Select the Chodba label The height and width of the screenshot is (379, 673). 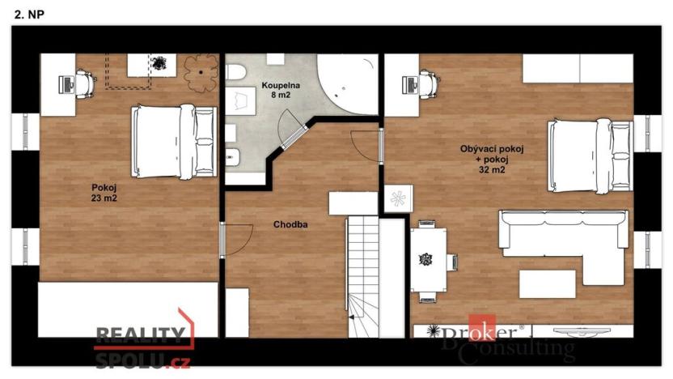(290, 224)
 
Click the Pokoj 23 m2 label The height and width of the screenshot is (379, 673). (104, 193)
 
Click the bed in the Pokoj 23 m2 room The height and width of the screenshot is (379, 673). (174, 141)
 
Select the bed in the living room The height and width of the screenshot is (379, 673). (589, 156)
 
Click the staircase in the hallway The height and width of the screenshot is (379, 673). (363, 275)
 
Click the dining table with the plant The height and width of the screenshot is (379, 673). (426, 260)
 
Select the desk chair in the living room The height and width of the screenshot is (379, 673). (426, 81)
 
